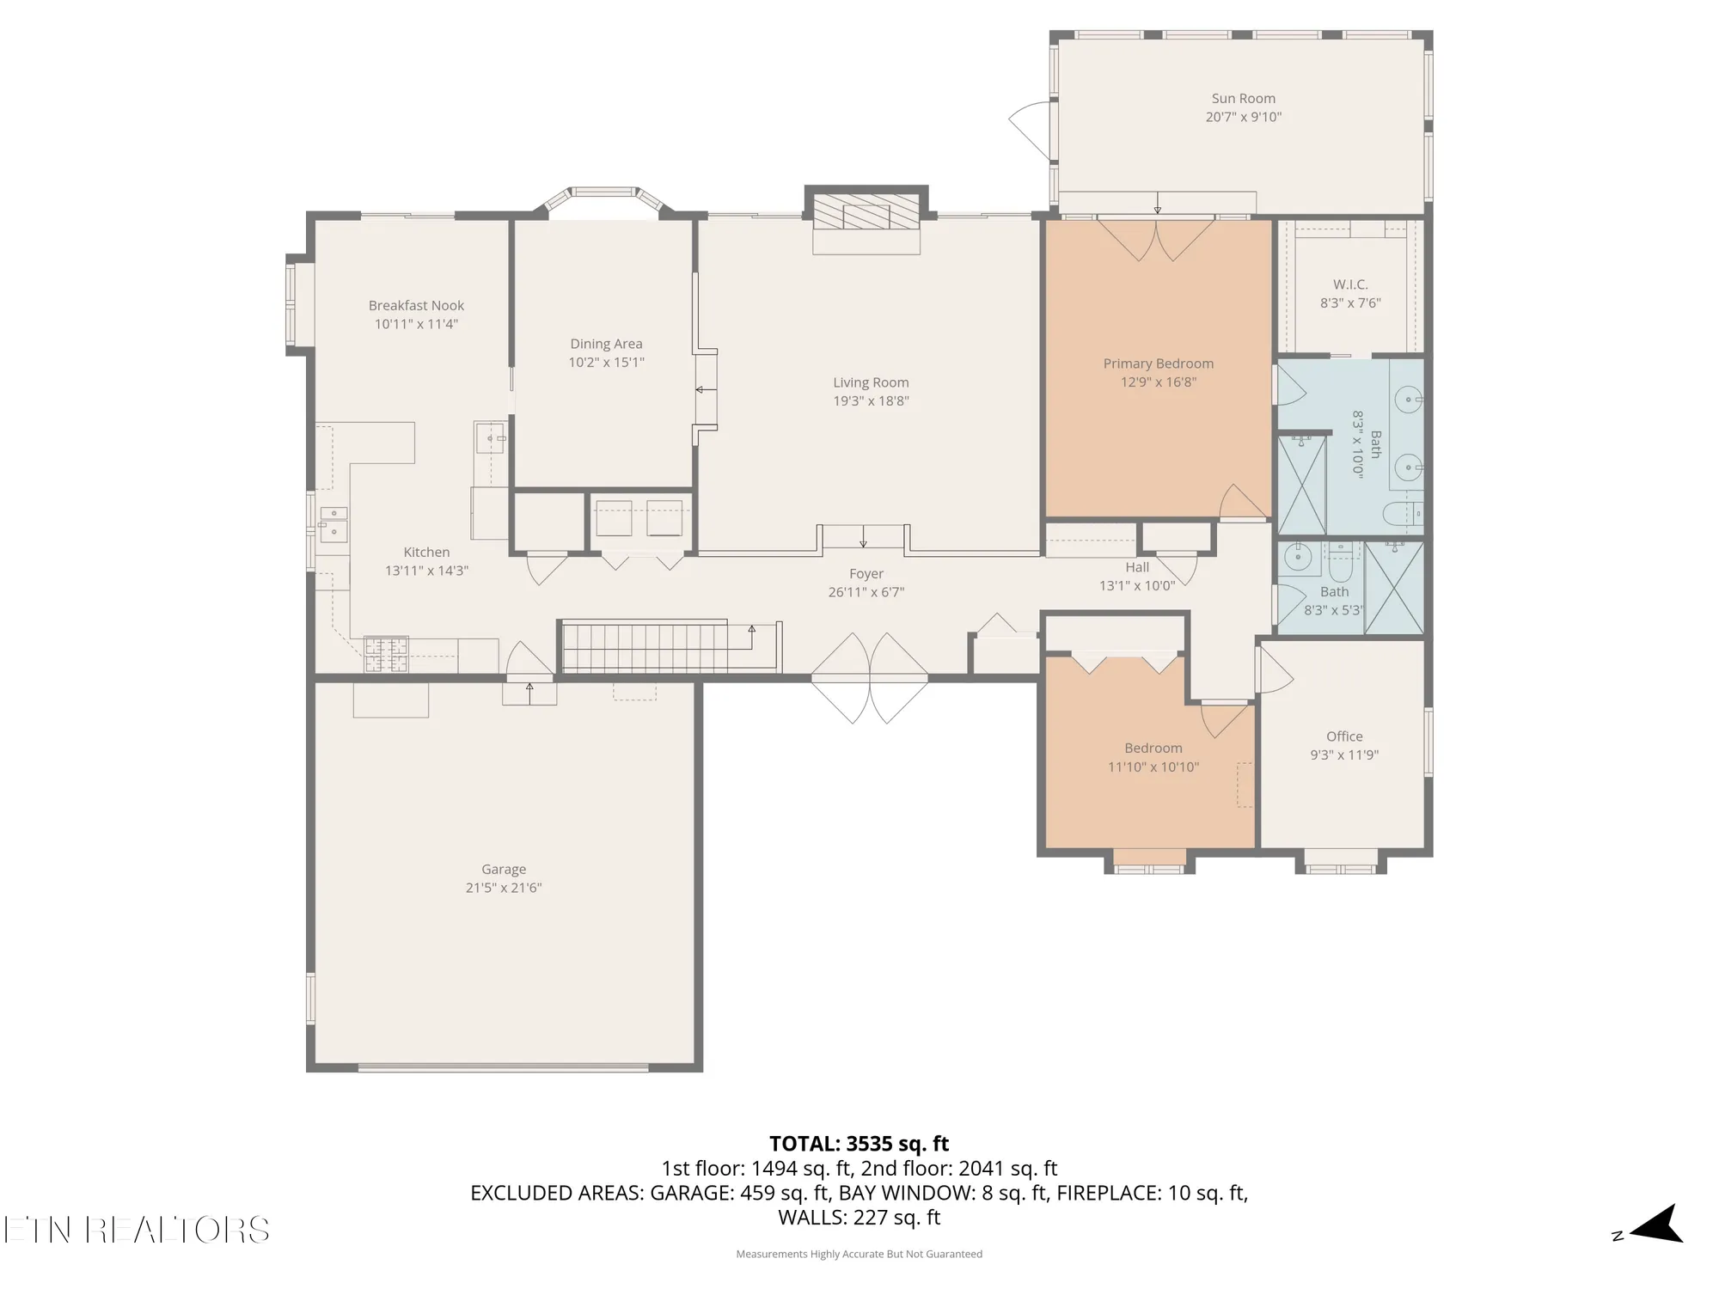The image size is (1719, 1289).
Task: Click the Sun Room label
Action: pyautogui.click(x=1243, y=99)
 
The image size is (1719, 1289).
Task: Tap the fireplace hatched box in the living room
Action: pyautogui.click(x=866, y=212)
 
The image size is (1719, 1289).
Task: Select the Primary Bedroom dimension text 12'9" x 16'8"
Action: pyautogui.click(x=1158, y=382)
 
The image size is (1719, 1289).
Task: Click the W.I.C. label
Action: pyautogui.click(x=1350, y=284)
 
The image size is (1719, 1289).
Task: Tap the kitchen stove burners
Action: pyautogui.click(x=386, y=653)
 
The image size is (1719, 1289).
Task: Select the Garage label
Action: pyautogui.click(x=504, y=870)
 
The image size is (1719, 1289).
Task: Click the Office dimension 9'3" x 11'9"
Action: pyautogui.click(x=1344, y=755)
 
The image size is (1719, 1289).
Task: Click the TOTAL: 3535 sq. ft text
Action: pyautogui.click(x=859, y=1144)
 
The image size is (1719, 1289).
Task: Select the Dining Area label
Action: pyautogui.click(x=606, y=344)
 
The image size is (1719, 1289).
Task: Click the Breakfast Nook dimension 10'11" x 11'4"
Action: pyautogui.click(x=416, y=324)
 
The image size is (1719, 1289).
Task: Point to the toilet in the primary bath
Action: pyautogui.click(x=1401, y=514)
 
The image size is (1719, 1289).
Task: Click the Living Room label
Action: pyautogui.click(x=871, y=382)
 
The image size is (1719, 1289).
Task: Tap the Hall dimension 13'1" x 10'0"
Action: pyautogui.click(x=1136, y=586)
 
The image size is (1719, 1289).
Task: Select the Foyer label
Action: pyautogui.click(x=866, y=574)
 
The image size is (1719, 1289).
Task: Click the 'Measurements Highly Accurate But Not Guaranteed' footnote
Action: pyautogui.click(x=859, y=1254)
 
